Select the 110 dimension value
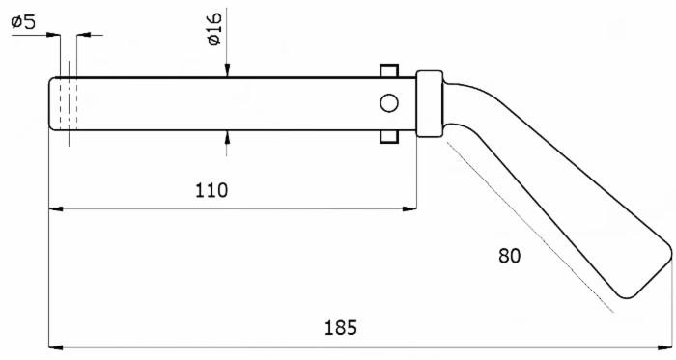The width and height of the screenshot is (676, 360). (x=211, y=189)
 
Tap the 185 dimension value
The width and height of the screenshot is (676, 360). (x=340, y=327)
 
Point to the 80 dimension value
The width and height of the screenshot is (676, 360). (x=509, y=257)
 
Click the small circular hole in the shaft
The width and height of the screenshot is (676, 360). (x=389, y=102)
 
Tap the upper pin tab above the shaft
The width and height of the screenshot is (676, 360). (x=389, y=71)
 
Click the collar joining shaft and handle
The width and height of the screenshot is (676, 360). (x=429, y=102)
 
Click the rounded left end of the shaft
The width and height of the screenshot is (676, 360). (x=54, y=102)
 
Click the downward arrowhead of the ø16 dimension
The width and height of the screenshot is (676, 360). (x=227, y=70)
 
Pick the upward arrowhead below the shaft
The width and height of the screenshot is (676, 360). (x=227, y=136)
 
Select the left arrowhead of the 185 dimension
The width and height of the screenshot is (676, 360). (x=56, y=345)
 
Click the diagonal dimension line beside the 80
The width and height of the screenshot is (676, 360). (x=531, y=228)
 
